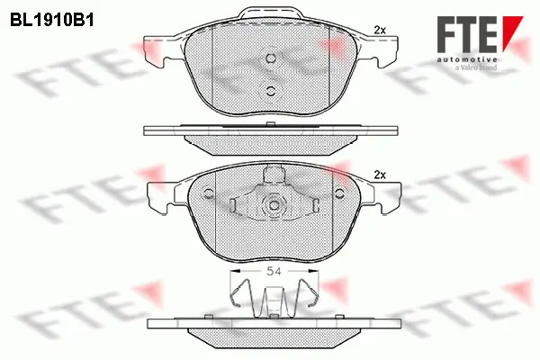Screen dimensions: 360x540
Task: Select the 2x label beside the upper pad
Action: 379,31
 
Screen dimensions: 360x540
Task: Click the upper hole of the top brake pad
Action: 271,58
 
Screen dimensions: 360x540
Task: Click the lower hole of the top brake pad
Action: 271,89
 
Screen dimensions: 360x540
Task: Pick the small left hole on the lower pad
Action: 209,191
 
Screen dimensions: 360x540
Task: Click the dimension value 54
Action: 271,270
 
